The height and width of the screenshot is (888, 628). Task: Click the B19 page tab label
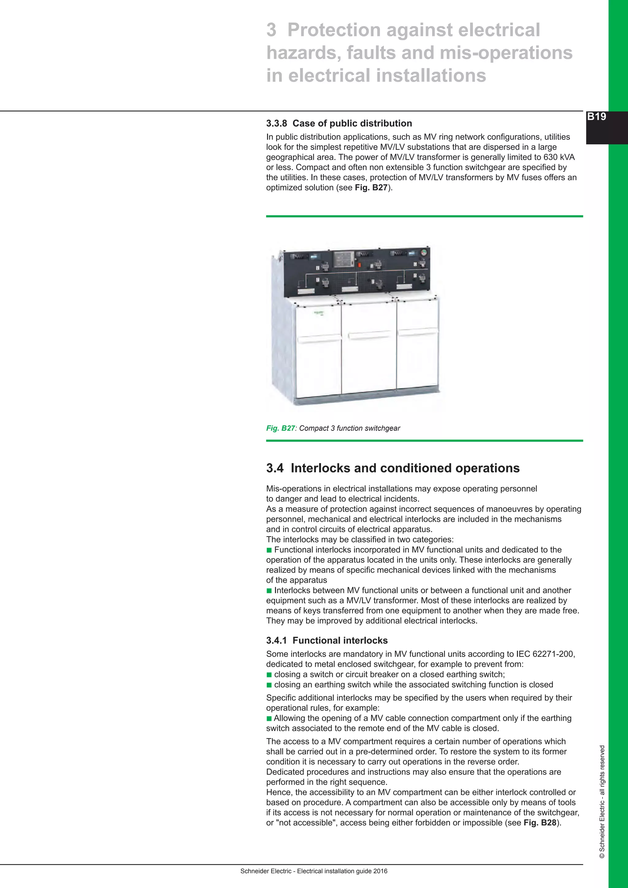point(596,117)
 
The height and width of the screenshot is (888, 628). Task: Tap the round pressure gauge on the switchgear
point(423,253)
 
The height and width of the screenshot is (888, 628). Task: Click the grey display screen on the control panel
point(344,259)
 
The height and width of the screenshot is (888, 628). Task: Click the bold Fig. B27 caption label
point(280,428)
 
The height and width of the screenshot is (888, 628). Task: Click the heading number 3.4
point(274,468)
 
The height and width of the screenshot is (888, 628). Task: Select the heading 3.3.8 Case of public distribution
point(339,123)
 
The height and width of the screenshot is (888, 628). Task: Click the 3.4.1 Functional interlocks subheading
point(327,641)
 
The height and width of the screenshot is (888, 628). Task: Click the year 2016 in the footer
point(380,871)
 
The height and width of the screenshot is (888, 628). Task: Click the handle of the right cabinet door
point(418,332)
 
